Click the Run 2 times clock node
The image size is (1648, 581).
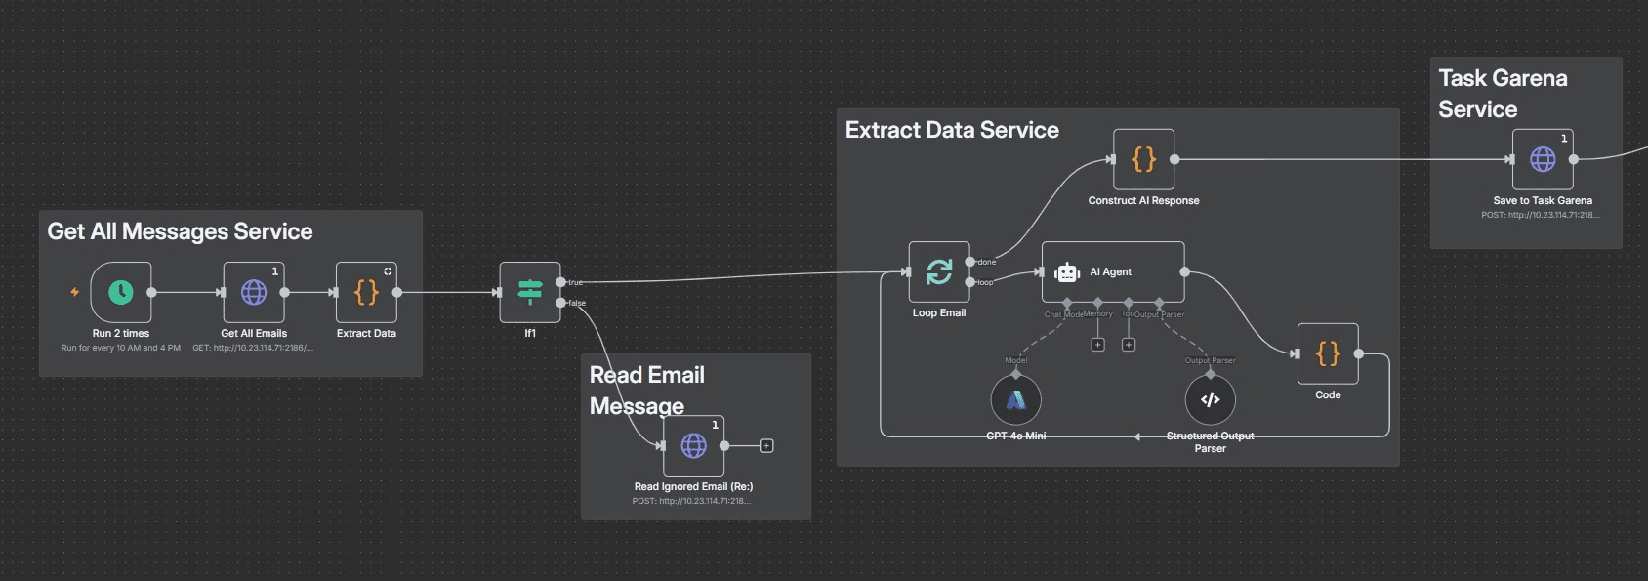[121, 292]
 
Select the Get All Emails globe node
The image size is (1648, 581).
[254, 292]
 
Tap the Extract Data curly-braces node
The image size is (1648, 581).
[366, 292]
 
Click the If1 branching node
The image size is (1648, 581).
[530, 292]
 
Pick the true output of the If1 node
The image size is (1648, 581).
[560, 282]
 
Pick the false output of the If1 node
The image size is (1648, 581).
[560, 303]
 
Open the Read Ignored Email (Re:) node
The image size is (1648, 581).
[694, 446]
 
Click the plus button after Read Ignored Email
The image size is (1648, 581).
[766, 446]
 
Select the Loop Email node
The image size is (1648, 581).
[939, 271]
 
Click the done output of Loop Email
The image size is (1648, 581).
[969, 262]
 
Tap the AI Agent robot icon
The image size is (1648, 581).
[1067, 272]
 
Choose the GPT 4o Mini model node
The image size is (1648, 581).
[1016, 399]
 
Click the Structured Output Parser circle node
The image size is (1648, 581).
[1211, 399]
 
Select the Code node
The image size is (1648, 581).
[1328, 353]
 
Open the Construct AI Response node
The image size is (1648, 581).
[1144, 159]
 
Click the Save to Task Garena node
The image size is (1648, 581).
[1543, 159]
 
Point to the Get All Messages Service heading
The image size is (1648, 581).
[181, 231]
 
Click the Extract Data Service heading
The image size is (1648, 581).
[952, 130]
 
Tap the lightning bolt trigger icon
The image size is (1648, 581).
[74, 292]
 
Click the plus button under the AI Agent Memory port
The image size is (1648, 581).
[1097, 345]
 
